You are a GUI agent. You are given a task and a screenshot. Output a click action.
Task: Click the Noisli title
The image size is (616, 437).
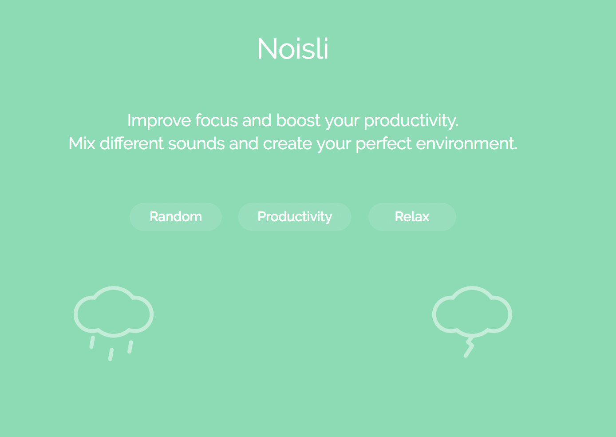pyautogui.click(x=293, y=49)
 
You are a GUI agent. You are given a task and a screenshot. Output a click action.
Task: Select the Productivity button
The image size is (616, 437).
pyautogui.click(x=295, y=217)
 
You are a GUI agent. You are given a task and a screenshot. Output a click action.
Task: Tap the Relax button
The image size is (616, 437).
pyautogui.click(x=412, y=217)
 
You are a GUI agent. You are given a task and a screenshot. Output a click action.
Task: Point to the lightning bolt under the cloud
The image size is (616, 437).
pyautogui.click(x=469, y=346)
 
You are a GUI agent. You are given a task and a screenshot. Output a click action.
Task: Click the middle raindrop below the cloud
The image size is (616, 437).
pyautogui.click(x=111, y=354)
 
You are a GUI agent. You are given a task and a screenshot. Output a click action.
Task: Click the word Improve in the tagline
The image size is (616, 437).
pyautogui.click(x=159, y=121)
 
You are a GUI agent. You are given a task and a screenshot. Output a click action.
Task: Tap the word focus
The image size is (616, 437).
pyautogui.click(x=217, y=120)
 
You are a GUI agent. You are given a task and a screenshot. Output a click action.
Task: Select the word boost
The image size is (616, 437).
pyautogui.click(x=298, y=120)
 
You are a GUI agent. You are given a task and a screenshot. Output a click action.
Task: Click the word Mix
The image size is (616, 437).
pyautogui.click(x=82, y=143)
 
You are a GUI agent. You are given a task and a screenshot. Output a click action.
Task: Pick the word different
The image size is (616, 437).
pyautogui.click(x=132, y=143)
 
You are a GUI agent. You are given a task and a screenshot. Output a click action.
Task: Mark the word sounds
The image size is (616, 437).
pyautogui.click(x=196, y=143)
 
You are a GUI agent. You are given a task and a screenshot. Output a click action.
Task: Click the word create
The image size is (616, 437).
pyautogui.click(x=288, y=143)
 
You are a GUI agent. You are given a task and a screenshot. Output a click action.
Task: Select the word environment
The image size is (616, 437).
pyautogui.click(x=467, y=143)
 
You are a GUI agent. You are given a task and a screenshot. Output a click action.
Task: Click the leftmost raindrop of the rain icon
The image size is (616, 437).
pyautogui.click(x=92, y=342)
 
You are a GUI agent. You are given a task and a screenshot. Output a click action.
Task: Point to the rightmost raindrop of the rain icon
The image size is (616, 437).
pyautogui.click(x=130, y=347)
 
